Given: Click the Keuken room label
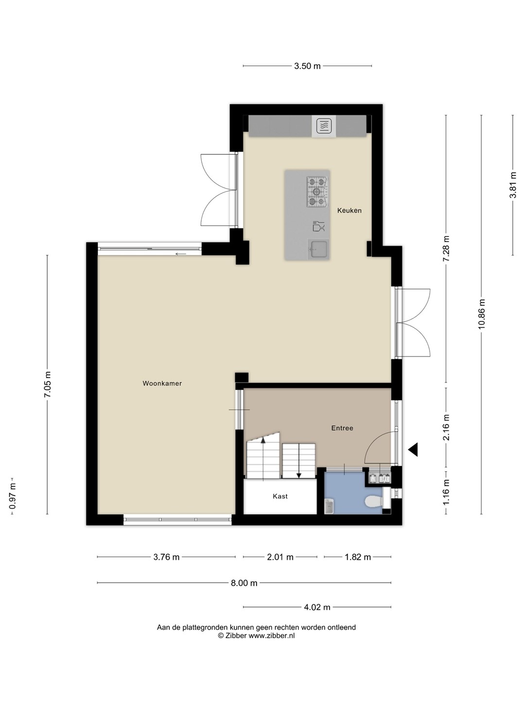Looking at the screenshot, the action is coord(350,210).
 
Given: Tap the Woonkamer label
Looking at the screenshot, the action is coord(162,383).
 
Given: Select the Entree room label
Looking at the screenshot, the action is coord(342,428).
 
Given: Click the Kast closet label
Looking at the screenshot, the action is coord(280,496).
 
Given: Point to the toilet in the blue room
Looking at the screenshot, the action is coord(374,501).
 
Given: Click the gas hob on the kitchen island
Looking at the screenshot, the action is coord(317,192).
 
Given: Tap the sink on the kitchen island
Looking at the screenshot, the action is coord(318,250).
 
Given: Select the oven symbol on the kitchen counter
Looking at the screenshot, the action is coord(324,126).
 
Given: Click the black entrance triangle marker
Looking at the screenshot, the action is coord(413,450).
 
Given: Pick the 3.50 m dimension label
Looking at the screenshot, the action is coord(307,66).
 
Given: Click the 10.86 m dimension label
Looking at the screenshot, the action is coord(481,314).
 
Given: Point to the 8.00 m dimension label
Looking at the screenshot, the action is coord(244,583).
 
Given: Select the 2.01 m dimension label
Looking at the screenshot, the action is coord(280,557).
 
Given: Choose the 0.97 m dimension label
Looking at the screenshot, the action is coord(13,496).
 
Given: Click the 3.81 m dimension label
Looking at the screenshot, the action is coord(513,185).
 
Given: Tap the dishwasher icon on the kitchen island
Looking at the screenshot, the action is coord(318,226).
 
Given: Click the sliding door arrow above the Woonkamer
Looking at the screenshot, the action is coord(181,254).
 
